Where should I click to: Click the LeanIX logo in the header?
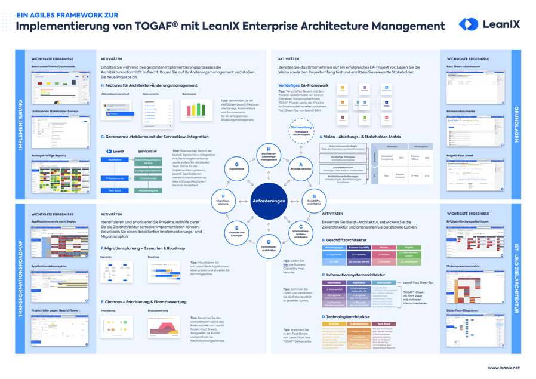click(489, 24)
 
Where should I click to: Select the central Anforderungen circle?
click(269, 201)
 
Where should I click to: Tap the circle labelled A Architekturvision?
click(301, 166)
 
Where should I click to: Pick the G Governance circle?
click(236, 166)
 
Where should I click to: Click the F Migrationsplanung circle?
click(223, 201)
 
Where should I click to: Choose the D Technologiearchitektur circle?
click(269, 245)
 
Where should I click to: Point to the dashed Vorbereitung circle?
click(301, 131)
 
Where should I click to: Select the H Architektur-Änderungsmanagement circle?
click(269, 154)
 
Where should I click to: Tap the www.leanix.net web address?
click(504, 368)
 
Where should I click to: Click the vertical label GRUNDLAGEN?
click(516, 125)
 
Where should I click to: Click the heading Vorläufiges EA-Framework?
click(303, 85)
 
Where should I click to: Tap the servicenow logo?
click(147, 152)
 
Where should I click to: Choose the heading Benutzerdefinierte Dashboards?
click(54, 67)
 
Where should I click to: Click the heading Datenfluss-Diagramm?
click(462, 310)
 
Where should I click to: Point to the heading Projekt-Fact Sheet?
click(460, 155)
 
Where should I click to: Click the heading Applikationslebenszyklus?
click(49, 266)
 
